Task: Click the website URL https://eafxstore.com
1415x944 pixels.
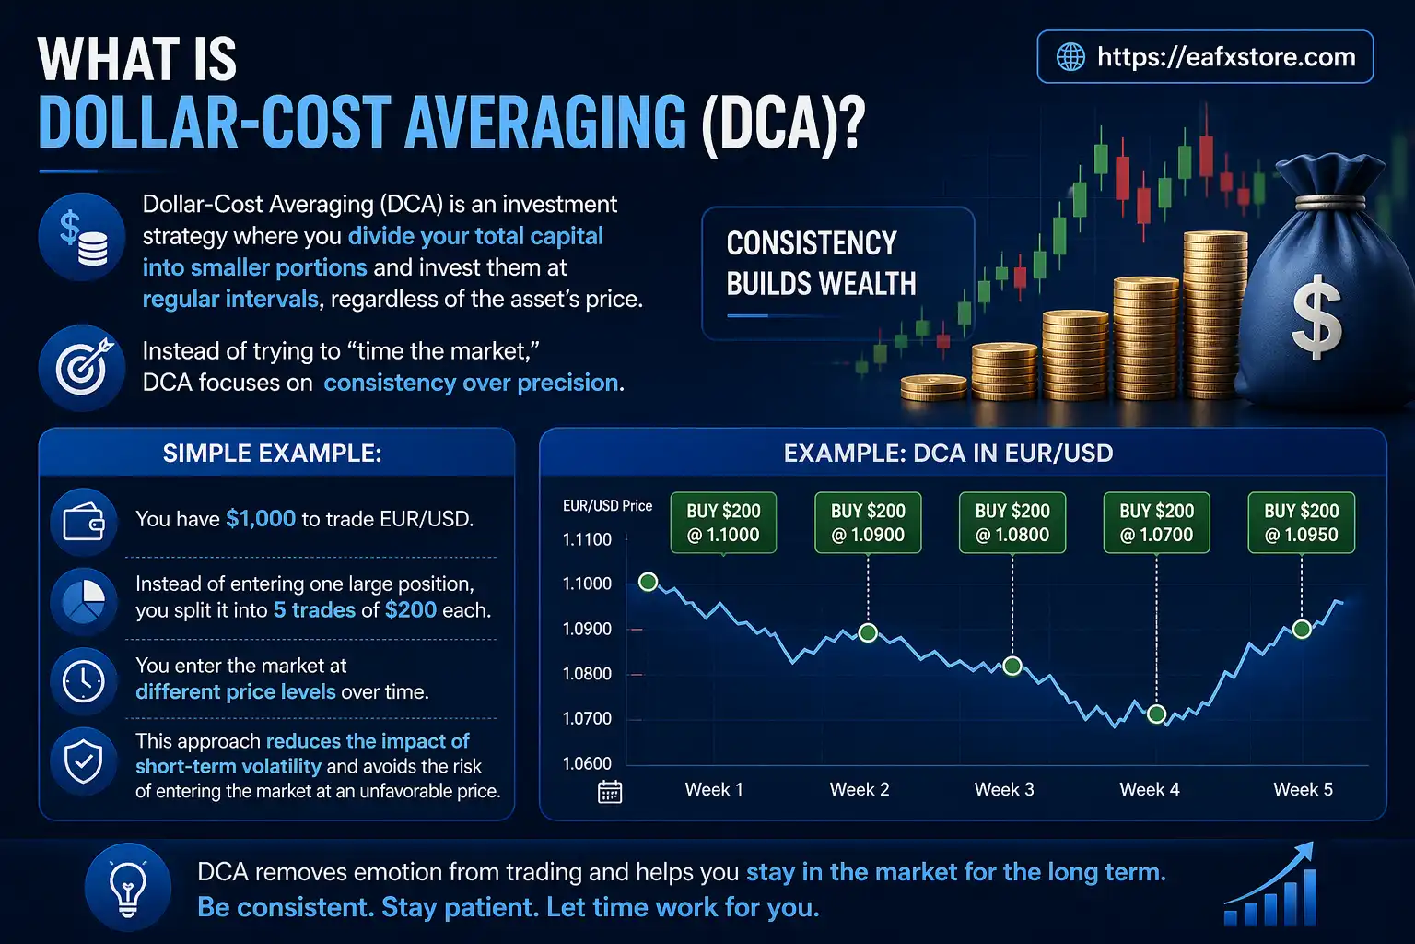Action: [1225, 57]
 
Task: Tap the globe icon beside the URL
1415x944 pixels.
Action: [1070, 57]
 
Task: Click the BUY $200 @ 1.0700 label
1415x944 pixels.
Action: [1156, 523]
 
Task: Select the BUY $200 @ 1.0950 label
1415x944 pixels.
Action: [1301, 523]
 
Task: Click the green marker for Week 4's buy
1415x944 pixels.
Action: [1157, 714]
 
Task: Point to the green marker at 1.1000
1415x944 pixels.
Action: [648, 582]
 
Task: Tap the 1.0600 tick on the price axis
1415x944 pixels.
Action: [587, 763]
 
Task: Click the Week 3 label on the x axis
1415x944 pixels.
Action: [1004, 790]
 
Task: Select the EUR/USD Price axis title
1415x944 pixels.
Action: [607, 506]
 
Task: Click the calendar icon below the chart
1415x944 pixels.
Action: [610, 792]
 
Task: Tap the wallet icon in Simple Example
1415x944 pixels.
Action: [84, 522]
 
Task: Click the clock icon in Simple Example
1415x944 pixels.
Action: [84, 681]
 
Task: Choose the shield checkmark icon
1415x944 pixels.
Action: [84, 761]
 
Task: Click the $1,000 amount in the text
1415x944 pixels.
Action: [261, 519]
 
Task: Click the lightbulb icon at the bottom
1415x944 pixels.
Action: [128, 887]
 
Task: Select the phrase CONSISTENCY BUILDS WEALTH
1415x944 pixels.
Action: [821, 264]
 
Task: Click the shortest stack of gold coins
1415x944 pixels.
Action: [932, 387]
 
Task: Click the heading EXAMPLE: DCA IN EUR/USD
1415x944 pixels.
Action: [948, 454]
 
